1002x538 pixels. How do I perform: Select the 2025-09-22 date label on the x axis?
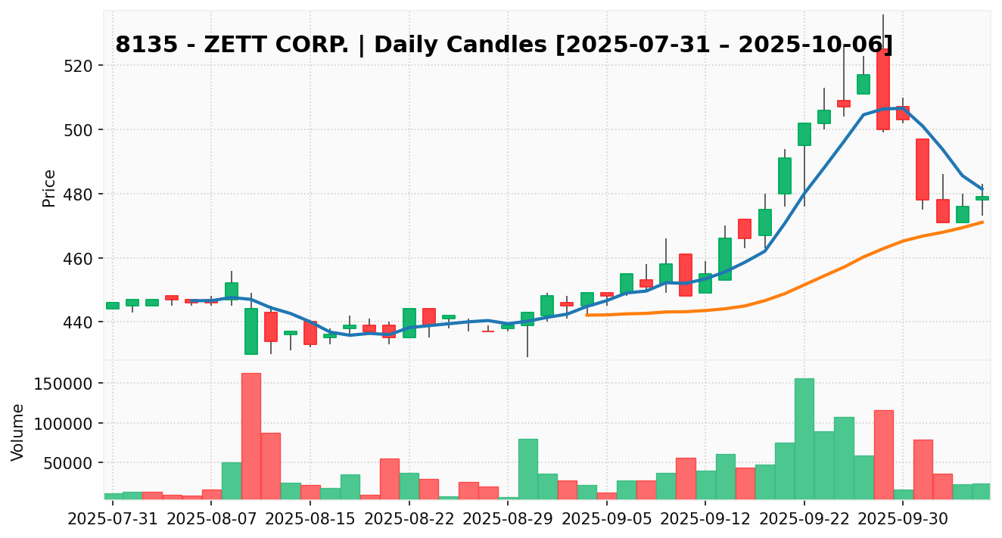coord(804,521)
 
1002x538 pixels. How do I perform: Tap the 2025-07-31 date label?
coord(113,521)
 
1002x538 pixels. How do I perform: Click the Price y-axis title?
coord(49,188)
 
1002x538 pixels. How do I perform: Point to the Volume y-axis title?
coord(18,432)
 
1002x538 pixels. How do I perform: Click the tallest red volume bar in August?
coord(251,436)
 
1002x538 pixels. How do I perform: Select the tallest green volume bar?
coord(804,438)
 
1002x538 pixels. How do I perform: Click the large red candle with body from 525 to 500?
coord(882,89)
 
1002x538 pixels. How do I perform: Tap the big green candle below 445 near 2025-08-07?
coord(251,331)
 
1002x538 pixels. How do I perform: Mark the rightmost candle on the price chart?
coord(982,198)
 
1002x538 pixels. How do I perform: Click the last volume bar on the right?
coord(982,491)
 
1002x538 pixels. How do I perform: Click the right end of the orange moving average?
coord(982,222)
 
